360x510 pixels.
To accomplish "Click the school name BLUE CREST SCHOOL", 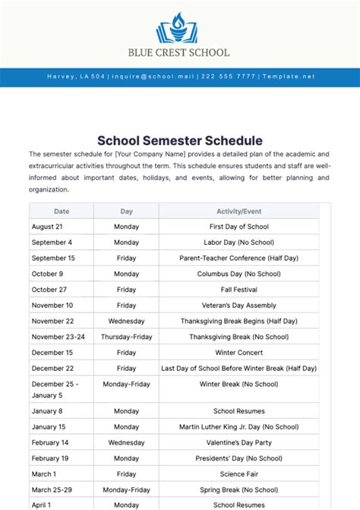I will pos(179,53).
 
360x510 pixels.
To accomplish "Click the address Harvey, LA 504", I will pos(76,77).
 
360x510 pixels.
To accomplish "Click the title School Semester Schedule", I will pos(180,141).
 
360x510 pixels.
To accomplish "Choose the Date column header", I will pos(62,211).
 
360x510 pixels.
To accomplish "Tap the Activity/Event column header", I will pos(239,211).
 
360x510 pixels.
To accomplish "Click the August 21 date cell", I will pos(47,226).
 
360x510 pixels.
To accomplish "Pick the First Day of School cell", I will pos(239,226).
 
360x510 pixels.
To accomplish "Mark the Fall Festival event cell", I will pos(239,290).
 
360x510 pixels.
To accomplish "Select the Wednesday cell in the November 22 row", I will pos(126,321).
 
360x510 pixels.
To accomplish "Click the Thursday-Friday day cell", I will pos(126,337).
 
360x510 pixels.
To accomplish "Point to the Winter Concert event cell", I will pos(239,353).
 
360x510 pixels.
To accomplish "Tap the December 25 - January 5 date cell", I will pos(55,389).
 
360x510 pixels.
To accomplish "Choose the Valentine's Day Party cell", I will pos(239,442).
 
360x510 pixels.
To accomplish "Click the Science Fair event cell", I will pos(239,474).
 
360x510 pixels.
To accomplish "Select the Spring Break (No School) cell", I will pos(239,489).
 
